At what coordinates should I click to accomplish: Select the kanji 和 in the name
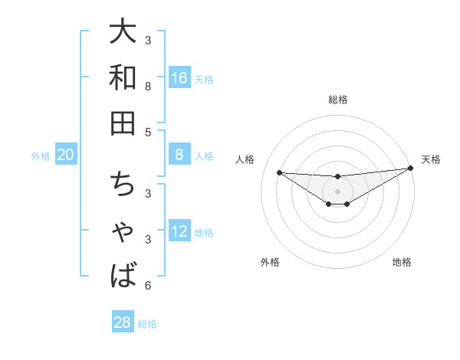coord(123,77)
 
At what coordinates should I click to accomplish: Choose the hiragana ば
coord(123,273)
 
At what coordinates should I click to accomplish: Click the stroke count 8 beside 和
coord(148,87)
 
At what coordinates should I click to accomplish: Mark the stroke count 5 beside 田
coord(148,132)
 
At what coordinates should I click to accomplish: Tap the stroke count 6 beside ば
coord(148,286)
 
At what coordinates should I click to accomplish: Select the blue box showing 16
coord(179,78)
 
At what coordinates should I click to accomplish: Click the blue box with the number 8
coord(179,155)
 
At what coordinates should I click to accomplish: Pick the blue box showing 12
coord(179,232)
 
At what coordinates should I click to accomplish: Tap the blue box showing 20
coord(65,155)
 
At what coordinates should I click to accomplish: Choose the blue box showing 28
coord(122,322)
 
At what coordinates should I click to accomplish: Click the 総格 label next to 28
coord(147,324)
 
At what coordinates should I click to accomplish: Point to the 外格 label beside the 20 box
coord(41,156)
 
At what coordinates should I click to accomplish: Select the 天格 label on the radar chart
coord(431,159)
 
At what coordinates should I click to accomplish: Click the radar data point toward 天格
coord(411,169)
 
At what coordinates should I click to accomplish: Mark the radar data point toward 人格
coord(279,172)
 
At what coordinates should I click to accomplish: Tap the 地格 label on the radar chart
coord(402,262)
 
